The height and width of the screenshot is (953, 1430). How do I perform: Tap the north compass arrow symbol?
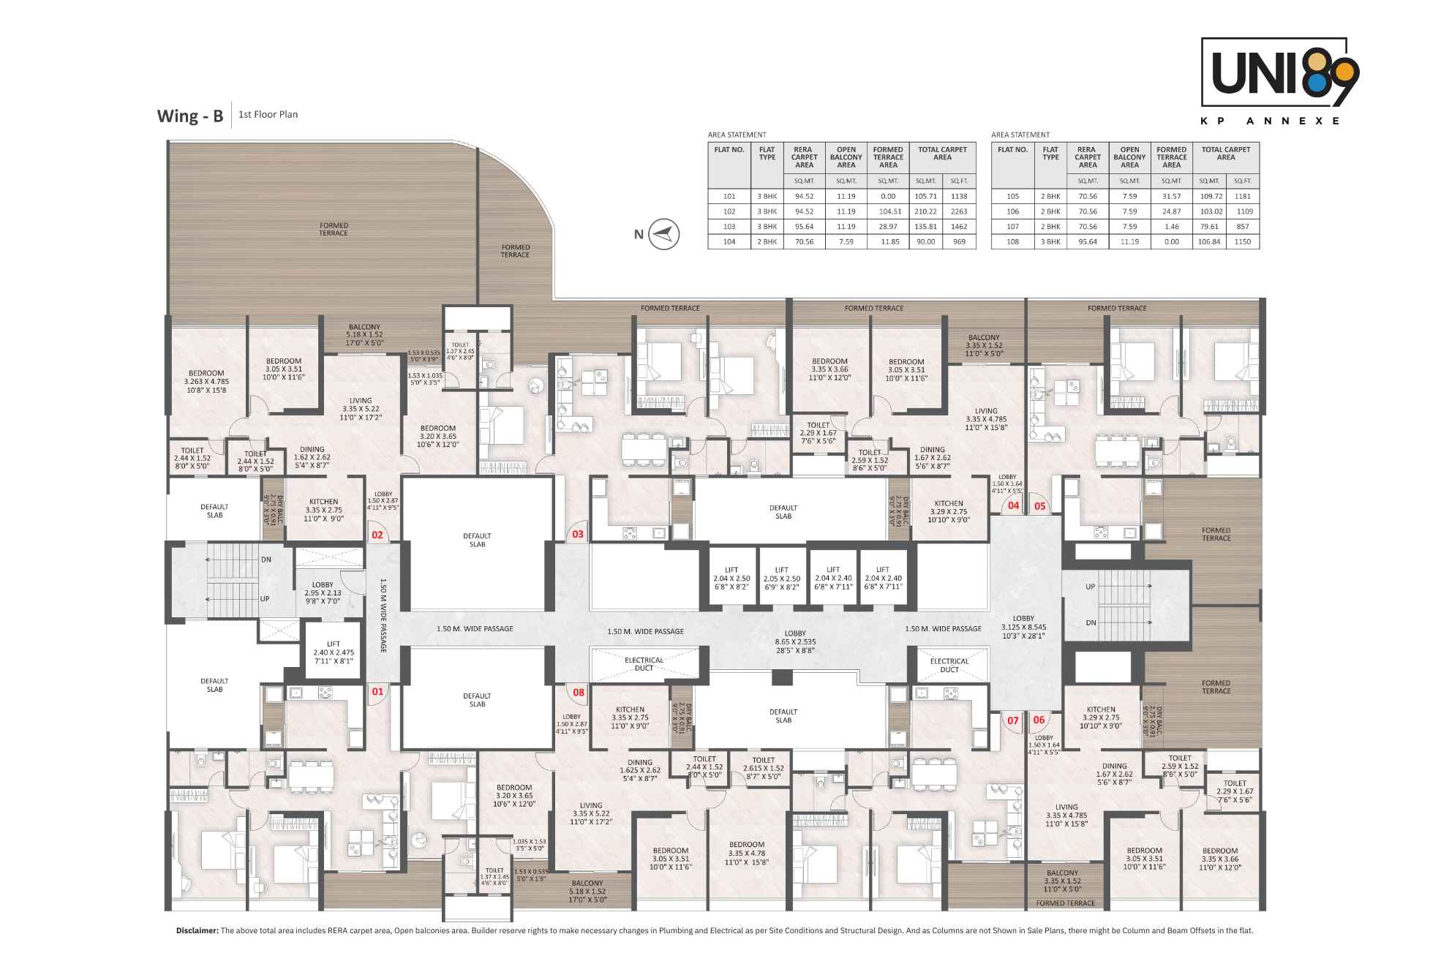pos(664,234)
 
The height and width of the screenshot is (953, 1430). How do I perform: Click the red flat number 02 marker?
pos(377,535)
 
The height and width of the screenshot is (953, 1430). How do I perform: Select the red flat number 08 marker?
pos(579,692)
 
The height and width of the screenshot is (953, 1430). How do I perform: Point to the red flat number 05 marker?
pos(1039,505)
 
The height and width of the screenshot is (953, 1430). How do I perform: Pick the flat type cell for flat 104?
pos(767,241)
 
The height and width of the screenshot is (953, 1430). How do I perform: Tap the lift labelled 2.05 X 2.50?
pos(782,578)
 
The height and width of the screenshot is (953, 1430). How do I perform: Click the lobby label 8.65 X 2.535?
pos(795,641)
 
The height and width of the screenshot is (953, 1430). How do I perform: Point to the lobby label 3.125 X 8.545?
pos(1023,627)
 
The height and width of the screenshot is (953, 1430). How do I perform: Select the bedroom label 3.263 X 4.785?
pos(206,381)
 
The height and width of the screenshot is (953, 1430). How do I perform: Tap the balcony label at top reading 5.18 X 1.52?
pos(364,335)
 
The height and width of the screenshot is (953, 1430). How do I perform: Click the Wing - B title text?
pos(189,116)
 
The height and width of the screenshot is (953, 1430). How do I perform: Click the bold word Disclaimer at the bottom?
pos(197,931)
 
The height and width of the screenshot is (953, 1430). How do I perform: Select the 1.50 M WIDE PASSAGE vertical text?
pos(383,615)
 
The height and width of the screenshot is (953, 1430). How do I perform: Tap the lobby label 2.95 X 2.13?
pos(323,593)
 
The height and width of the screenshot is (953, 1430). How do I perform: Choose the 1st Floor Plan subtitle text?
pos(268,115)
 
